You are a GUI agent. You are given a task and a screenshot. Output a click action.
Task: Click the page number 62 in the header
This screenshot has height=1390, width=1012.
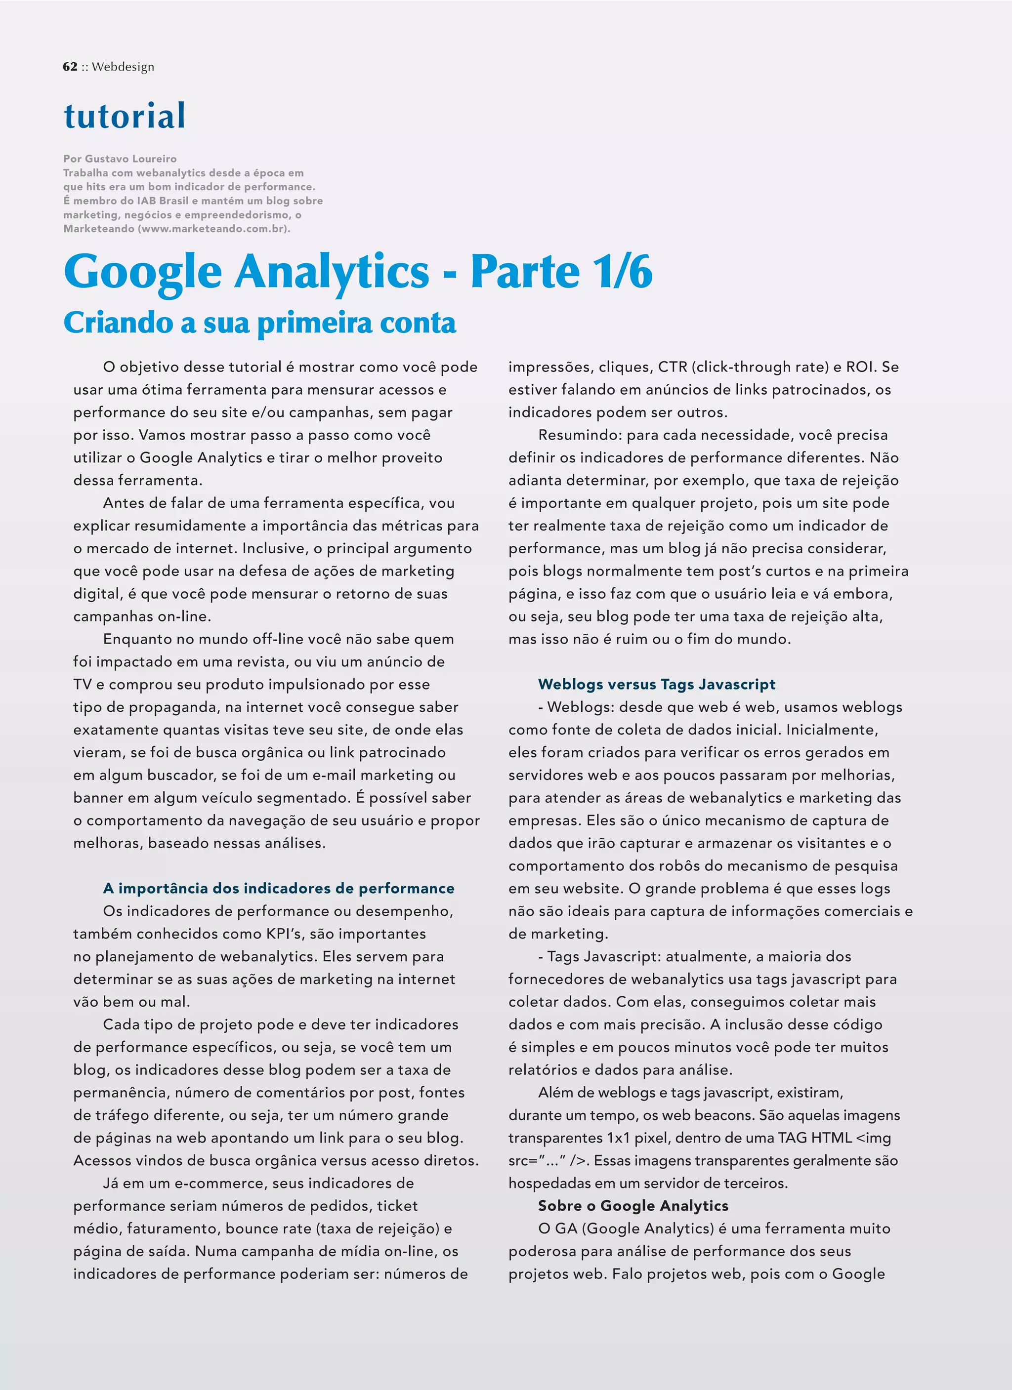tap(70, 67)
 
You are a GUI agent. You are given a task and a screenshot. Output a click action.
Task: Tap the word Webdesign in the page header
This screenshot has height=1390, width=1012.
tap(123, 67)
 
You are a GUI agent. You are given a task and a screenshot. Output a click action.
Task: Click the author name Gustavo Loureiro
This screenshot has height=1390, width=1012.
tap(130, 159)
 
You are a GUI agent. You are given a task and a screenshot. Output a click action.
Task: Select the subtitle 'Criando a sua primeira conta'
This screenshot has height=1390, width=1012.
tap(259, 323)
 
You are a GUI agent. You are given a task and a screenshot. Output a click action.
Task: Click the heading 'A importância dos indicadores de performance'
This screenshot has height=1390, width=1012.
tap(278, 888)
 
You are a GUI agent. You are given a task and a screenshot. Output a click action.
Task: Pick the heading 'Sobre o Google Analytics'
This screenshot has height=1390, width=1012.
tap(632, 1206)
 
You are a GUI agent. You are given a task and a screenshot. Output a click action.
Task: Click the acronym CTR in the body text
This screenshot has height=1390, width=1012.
tap(673, 367)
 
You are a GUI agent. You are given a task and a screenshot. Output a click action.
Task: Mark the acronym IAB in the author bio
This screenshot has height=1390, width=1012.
tap(151, 201)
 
